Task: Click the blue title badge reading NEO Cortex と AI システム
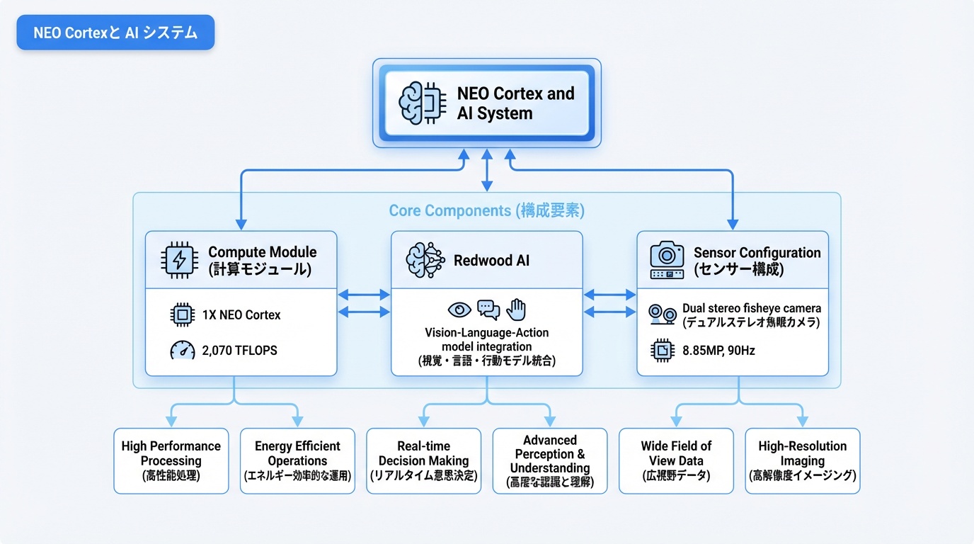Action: (x=115, y=33)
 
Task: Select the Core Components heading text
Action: (x=486, y=210)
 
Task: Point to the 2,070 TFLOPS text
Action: (x=241, y=350)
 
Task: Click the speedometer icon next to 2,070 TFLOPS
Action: (x=183, y=350)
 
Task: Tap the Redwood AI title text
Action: (x=491, y=261)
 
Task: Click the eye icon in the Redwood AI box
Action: (x=459, y=310)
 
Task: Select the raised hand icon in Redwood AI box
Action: (x=517, y=309)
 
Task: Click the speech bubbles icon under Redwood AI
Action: (x=488, y=310)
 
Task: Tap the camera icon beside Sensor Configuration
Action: (x=667, y=260)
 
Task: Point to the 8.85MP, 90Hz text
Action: (x=718, y=350)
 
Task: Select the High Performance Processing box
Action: (x=171, y=460)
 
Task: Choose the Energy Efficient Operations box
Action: (x=297, y=460)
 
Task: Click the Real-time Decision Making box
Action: (x=423, y=460)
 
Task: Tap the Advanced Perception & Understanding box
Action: (x=549, y=460)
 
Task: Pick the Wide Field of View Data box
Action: (x=676, y=460)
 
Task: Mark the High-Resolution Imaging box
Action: (x=802, y=460)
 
